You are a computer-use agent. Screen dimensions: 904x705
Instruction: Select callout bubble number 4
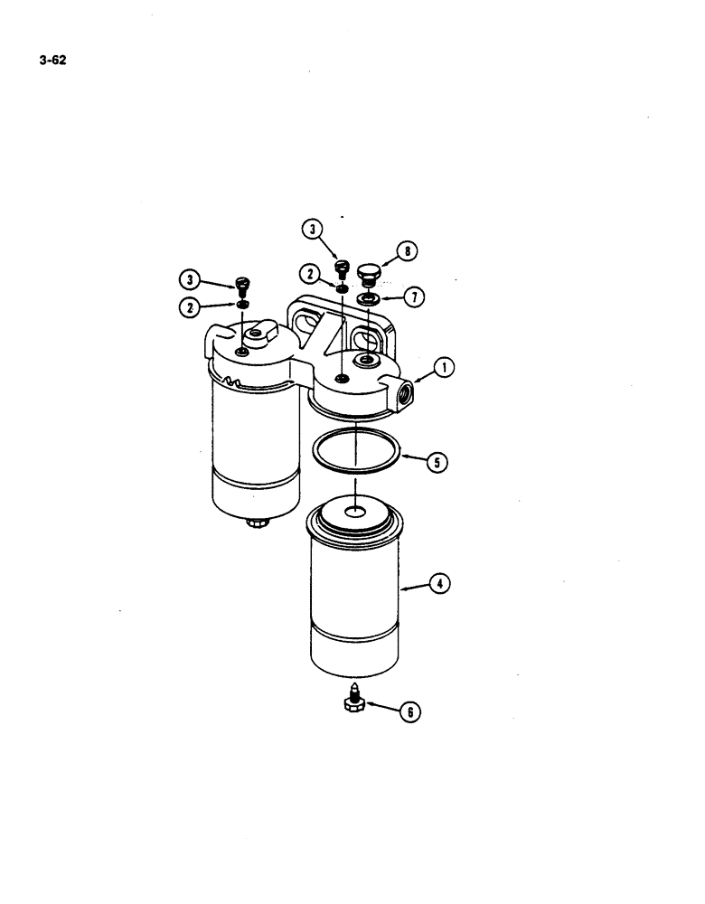439,584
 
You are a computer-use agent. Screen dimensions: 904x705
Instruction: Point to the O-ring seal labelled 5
357,456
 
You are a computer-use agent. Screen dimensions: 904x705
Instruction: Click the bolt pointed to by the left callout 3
241,286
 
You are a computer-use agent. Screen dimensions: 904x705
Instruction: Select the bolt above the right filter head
342,268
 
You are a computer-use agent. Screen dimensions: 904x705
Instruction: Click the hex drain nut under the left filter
256,523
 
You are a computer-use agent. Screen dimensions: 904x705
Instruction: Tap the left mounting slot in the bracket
305,325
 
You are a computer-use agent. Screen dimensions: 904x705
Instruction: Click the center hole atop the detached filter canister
355,513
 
